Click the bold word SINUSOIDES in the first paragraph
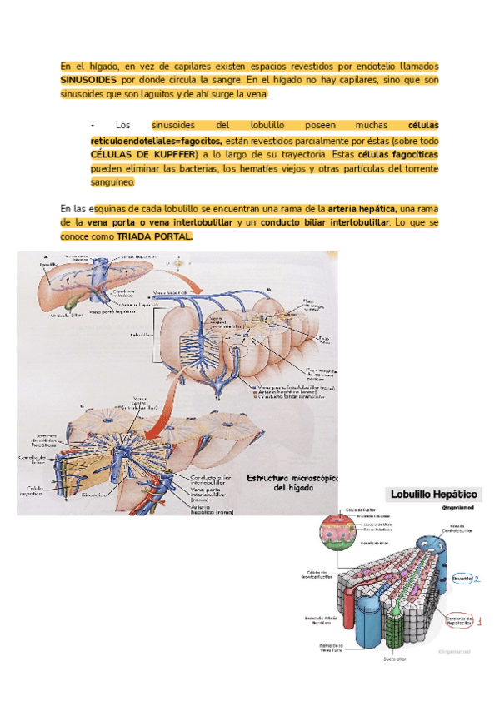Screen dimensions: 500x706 coord(88,80)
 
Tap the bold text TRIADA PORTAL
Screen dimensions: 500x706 coord(154,236)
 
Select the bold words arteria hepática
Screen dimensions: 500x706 coord(362,208)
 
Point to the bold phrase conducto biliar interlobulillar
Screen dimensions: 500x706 coord(325,223)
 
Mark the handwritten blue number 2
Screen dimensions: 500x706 coord(478,577)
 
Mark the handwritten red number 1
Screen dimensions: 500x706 coord(481,620)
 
